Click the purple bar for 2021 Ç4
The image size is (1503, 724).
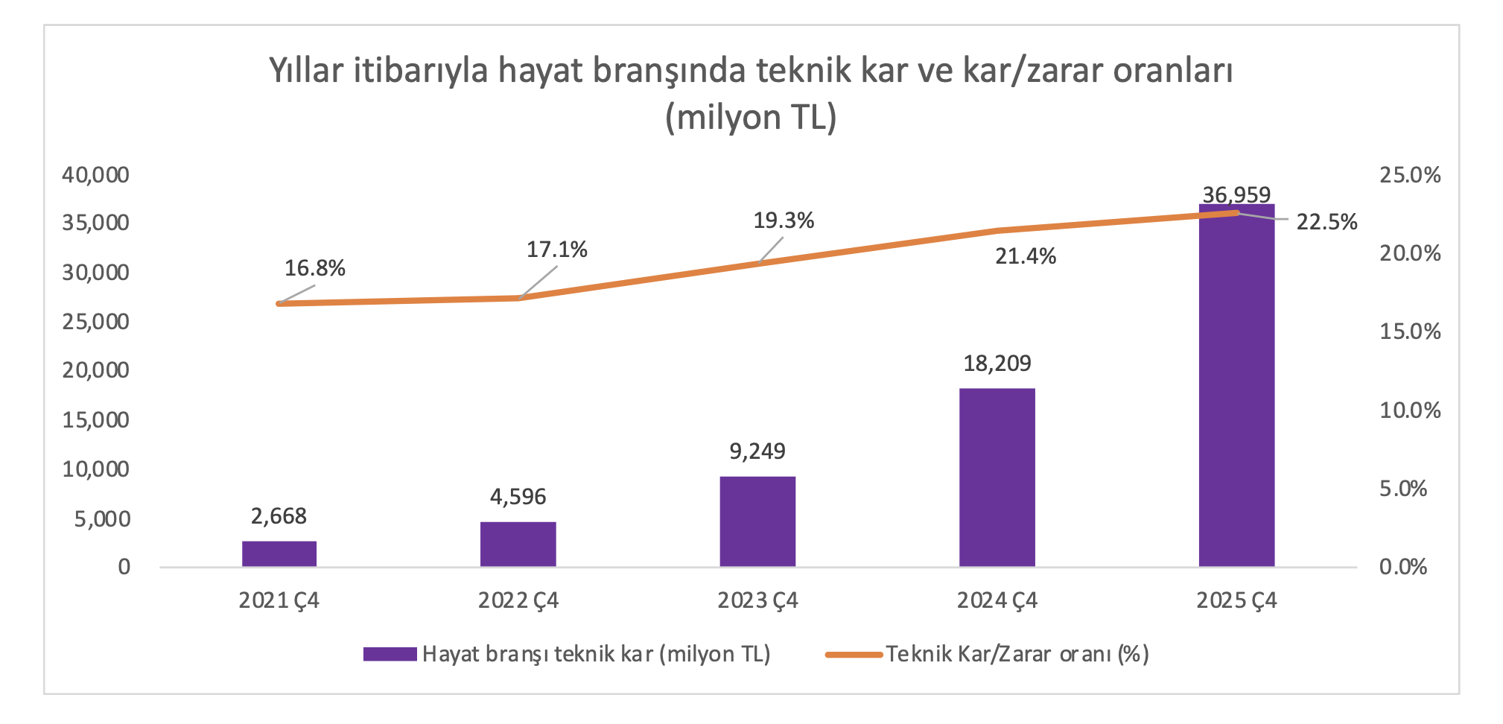pyautogui.click(x=279, y=553)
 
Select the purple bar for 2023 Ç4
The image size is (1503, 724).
pyautogui.click(x=757, y=521)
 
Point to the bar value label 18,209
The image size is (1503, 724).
pyautogui.click(x=997, y=363)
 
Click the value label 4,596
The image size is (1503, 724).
pyautogui.click(x=518, y=497)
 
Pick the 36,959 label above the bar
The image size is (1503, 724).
pyautogui.click(x=1236, y=195)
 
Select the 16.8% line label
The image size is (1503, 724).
pyautogui.click(x=314, y=269)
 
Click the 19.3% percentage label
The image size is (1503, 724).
pyautogui.click(x=784, y=220)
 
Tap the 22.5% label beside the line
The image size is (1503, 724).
pyautogui.click(x=1326, y=222)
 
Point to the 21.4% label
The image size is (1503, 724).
pyautogui.click(x=1026, y=256)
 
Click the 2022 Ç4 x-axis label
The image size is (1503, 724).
pyautogui.click(x=518, y=600)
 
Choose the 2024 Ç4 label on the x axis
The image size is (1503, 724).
pyautogui.click(x=997, y=600)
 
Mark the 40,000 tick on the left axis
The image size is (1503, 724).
pyautogui.click(x=95, y=175)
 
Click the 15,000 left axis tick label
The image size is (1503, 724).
pyautogui.click(x=95, y=420)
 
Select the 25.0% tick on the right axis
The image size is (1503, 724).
pyautogui.click(x=1409, y=175)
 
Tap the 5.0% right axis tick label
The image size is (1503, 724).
pyautogui.click(x=1402, y=489)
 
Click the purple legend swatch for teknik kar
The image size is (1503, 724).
pyautogui.click(x=390, y=654)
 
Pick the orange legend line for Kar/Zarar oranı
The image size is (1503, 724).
pyautogui.click(x=854, y=654)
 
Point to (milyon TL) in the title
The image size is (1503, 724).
pyautogui.click(x=751, y=118)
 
